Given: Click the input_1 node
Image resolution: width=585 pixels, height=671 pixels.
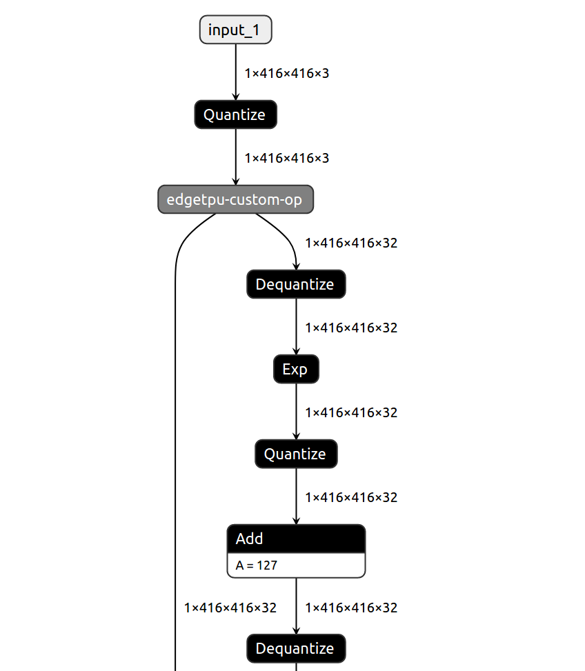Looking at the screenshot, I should [235, 30].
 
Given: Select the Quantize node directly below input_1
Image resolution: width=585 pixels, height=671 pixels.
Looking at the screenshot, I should [235, 114].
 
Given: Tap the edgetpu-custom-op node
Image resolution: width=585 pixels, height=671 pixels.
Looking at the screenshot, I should [235, 199].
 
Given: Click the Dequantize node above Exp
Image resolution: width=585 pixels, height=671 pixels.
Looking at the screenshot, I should [295, 284].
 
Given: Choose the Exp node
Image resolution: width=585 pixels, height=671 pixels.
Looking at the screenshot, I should [295, 370].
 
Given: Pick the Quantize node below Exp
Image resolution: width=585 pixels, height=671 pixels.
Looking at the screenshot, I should [295, 454].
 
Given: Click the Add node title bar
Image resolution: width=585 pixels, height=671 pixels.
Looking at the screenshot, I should [295, 539].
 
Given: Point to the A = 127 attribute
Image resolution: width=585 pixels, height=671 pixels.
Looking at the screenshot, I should [257, 565].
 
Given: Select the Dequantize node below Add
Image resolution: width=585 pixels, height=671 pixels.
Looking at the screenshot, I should [295, 648].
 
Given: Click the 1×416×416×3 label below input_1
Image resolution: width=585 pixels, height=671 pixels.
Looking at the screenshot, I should [286, 73].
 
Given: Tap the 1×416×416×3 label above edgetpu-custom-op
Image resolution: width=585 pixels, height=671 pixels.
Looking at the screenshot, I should [286, 158].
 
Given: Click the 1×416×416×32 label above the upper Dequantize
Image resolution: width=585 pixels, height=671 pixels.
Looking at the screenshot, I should [351, 243].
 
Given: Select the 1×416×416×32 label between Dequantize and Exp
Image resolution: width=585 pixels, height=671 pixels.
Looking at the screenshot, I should [351, 328].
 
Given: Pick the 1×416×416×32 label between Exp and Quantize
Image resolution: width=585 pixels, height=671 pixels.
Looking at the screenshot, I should [351, 412].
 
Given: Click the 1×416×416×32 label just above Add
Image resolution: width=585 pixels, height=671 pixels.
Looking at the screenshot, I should [351, 497].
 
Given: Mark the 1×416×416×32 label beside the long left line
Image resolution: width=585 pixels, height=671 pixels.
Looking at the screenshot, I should [230, 608].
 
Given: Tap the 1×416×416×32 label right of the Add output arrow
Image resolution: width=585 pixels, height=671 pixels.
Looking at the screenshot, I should [351, 608].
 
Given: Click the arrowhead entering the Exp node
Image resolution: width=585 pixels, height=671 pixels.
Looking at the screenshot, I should [296, 352].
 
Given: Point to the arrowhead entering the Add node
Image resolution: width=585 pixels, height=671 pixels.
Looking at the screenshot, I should [296, 521].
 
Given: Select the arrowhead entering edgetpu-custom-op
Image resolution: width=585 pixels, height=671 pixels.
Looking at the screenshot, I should [235, 181].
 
